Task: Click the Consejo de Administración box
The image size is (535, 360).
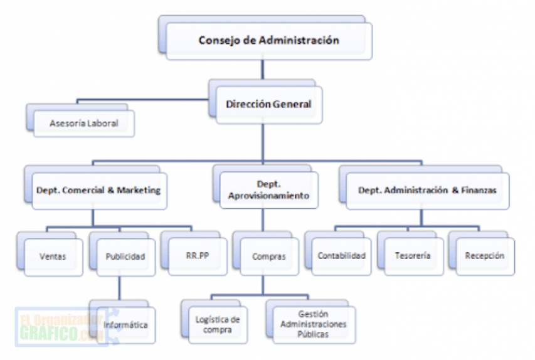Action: click(268, 41)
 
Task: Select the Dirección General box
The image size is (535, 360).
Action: click(268, 104)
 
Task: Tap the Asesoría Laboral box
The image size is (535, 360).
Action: click(84, 124)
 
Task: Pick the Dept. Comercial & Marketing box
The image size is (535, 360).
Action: click(98, 190)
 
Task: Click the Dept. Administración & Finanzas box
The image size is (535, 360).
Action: click(426, 190)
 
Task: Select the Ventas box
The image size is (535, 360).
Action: click(53, 256)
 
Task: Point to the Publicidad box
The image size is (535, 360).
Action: click(125, 256)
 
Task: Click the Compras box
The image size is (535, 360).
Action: click(268, 256)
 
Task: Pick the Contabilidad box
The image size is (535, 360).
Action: click(341, 256)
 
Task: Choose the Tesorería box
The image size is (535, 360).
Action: click(413, 256)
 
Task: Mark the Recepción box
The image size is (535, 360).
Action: click(484, 256)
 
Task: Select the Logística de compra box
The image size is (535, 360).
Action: click(217, 325)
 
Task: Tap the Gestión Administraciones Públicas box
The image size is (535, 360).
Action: click(314, 324)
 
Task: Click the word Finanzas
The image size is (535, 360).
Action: click(478, 190)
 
